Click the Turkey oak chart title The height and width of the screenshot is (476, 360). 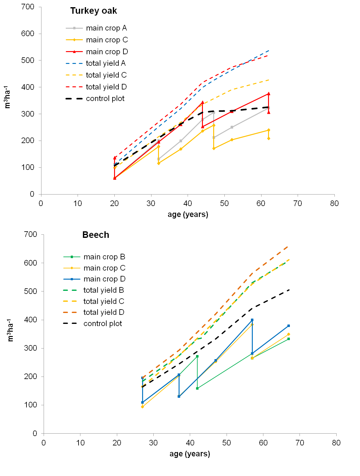94,11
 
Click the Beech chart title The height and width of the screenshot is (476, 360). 96,235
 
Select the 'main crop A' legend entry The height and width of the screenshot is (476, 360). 106,28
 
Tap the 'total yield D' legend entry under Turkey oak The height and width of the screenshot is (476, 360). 106,87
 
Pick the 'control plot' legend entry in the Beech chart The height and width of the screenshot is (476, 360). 103,324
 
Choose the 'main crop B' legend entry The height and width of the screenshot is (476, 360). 104,257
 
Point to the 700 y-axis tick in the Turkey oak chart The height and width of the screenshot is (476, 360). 28,7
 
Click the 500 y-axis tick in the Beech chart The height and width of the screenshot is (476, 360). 30,291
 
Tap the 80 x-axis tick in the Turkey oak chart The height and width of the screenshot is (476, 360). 334,204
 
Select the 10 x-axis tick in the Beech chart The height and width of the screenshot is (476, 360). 80,443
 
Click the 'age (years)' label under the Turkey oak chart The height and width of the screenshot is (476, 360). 188,214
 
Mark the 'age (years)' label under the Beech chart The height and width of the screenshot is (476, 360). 190,454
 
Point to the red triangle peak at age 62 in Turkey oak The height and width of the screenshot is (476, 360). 269,94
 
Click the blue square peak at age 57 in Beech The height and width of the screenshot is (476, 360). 252,320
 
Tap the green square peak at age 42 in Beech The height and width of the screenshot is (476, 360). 197,356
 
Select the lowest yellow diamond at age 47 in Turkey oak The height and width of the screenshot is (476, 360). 214,148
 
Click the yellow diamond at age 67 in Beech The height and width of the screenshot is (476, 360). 289,334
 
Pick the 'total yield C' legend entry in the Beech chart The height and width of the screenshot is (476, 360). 104,301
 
